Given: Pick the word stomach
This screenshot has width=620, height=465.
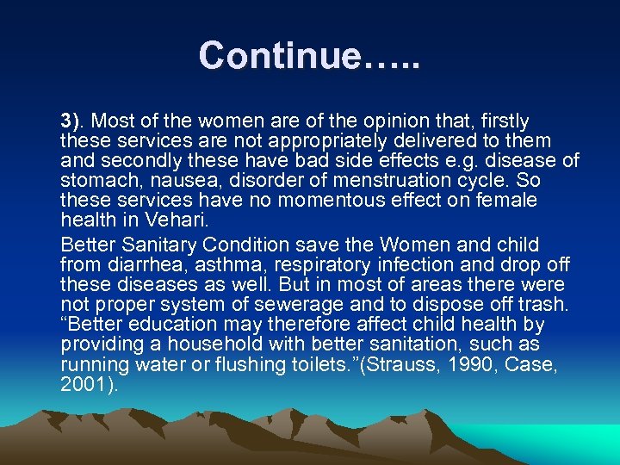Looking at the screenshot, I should coord(96,181).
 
